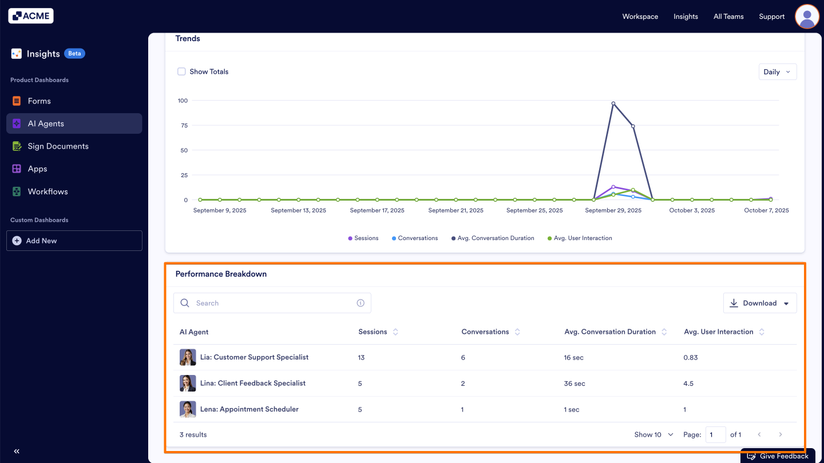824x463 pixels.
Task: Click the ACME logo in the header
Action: (31, 16)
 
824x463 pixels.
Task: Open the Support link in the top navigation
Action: (771, 17)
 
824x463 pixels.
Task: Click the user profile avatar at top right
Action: (807, 17)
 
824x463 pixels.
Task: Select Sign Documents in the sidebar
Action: (58, 146)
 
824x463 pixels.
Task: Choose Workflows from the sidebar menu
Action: (47, 191)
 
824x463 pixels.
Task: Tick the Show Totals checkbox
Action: (181, 71)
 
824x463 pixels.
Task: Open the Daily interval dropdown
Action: (777, 72)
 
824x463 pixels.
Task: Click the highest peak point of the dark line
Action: (613, 103)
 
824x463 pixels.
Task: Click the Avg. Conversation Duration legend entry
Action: (496, 238)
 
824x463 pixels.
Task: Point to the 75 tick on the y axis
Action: (183, 125)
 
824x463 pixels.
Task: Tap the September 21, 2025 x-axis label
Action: (455, 210)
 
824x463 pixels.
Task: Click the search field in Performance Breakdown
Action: (272, 303)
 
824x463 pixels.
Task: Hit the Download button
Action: (759, 303)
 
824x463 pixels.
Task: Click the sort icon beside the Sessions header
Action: (395, 332)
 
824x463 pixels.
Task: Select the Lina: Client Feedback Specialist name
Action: (252, 383)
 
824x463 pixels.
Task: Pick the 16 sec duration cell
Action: (573, 358)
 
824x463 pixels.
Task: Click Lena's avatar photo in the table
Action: (188, 409)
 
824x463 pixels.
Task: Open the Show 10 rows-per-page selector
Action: (653, 435)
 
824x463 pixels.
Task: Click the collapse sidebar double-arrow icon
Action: (17, 451)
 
